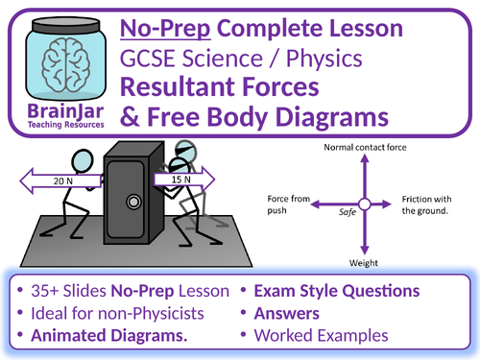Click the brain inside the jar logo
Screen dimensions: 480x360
tap(66, 65)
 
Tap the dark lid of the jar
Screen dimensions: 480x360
tap(66, 25)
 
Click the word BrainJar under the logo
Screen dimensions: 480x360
tap(65, 111)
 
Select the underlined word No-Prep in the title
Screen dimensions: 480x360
tap(165, 29)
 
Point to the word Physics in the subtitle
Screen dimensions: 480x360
tap(324, 59)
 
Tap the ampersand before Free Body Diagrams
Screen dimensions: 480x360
tap(130, 116)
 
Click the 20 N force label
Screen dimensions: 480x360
tap(63, 181)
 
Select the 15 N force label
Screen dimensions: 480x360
tap(181, 180)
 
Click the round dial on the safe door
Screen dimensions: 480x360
tap(133, 202)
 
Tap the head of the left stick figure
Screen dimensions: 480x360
tap(83, 161)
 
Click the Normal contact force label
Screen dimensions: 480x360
tap(365, 148)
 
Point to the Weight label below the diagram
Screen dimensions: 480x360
tap(364, 263)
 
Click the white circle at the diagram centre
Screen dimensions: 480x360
tap(364, 204)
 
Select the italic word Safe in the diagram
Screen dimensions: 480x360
tap(348, 212)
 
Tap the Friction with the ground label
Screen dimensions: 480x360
tap(426, 204)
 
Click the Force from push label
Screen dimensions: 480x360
tap(289, 204)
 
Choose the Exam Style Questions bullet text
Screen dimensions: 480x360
tap(337, 291)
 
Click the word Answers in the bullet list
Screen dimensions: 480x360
tap(287, 314)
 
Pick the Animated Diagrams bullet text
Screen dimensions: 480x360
tap(109, 336)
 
